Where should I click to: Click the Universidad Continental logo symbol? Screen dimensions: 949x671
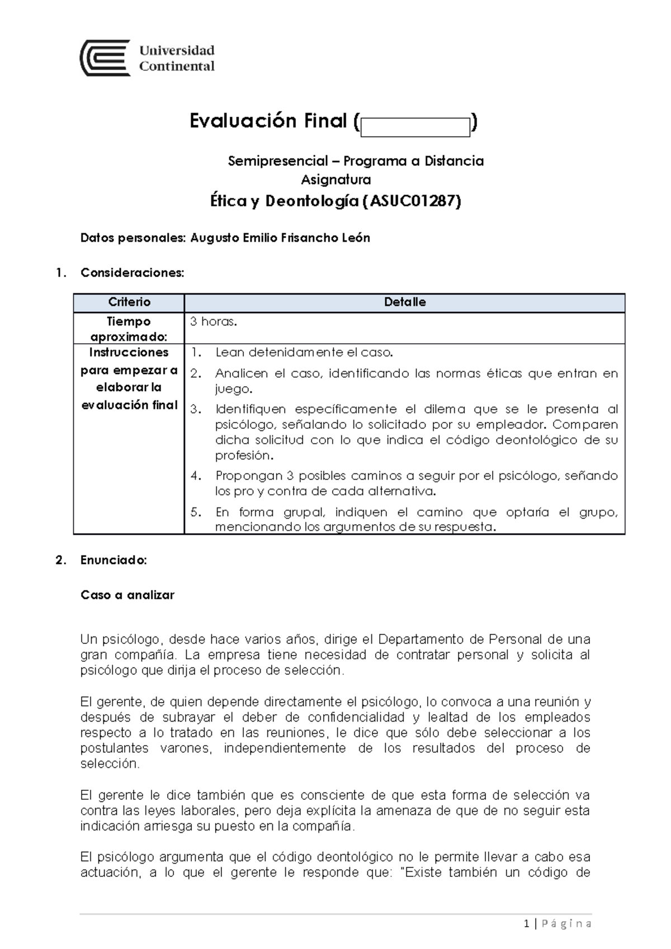[x=105, y=58]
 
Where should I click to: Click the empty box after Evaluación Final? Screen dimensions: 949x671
[x=415, y=127]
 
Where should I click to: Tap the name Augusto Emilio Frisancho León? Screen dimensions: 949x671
[x=280, y=238]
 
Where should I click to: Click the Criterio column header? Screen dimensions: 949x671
[x=129, y=302]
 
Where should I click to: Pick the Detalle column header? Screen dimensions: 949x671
[x=405, y=302]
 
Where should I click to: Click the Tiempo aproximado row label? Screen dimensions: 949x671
[x=129, y=329]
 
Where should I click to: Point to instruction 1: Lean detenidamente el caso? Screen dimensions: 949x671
[x=304, y=353]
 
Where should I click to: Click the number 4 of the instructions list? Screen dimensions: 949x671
[x=195, y=476]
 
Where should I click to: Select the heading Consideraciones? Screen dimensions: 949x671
[x=132, y=273]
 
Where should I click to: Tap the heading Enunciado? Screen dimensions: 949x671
[x=114, y=560]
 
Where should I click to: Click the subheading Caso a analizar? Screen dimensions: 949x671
[x=127, y=595]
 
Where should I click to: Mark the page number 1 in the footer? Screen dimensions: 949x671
[x=527, y=924]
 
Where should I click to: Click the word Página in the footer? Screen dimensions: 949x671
[x=567, y=924]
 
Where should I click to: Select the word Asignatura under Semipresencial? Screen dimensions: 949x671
[x=335, y=180]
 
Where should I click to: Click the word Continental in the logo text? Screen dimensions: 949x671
[x=177, y=66]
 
